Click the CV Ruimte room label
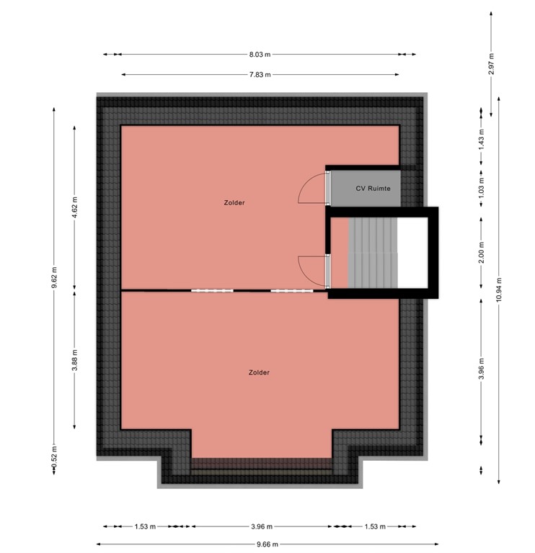tap(373, 189)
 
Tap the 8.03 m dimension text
tap(260, 54)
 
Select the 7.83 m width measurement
tap(260, 74)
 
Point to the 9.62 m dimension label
tap(53, 277)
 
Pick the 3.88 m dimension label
tap(75, 359)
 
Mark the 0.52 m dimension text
tap(53, 467)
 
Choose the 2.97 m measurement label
tap(491, 65)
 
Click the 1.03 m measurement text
tap(481, 189)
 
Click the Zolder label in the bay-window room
tap(259, 372)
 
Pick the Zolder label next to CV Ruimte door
tap(234, 203)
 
